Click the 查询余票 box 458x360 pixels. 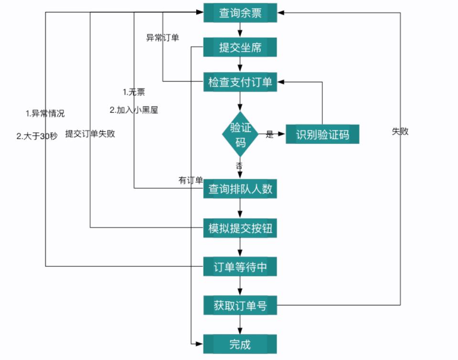coord(240,13)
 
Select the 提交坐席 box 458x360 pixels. coord(240,47)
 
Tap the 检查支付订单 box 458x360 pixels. coord(240,82)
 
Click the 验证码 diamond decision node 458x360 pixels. coord(240,135)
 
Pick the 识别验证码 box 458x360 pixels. coord(322,134)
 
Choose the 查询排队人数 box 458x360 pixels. coord(240,189)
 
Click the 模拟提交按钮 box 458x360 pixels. coord(240,228)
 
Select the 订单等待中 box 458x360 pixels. coord(240,267)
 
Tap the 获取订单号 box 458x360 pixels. coord(240,305)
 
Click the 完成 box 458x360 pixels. coord(240,344)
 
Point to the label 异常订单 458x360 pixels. coord(162,38)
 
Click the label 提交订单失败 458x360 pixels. coord(90,134)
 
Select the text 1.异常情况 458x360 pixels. coord(45,114)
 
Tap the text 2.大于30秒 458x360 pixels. coord(37,136)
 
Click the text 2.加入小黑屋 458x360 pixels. coord(134,110)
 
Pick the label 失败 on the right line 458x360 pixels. coord(400,131)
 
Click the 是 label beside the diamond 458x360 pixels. coord(270,135)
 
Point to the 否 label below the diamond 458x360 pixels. coord(239,166)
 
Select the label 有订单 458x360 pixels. coord(191,180)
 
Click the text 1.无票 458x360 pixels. coord(134,92)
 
